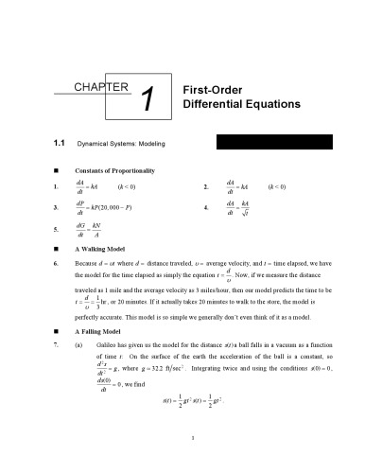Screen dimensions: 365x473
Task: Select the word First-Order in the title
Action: (209, 85)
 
